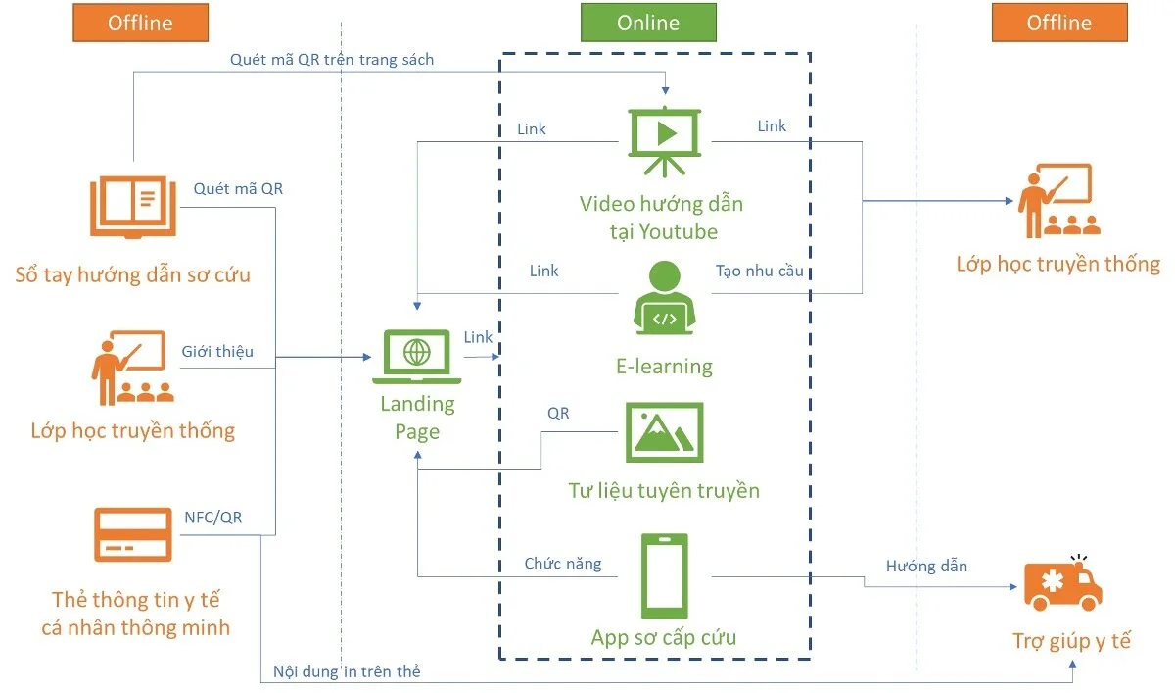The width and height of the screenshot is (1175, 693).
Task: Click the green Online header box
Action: coord(648,23)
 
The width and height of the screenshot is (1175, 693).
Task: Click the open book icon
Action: coord(133,207)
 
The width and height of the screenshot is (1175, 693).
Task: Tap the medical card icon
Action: coord(133,534)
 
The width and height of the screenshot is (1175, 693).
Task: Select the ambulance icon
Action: coord(1062,583)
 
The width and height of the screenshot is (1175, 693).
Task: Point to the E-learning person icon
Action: coord(665,298)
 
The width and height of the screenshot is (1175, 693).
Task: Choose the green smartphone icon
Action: coord(665,576)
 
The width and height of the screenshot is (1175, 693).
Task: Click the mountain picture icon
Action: coord(665,432)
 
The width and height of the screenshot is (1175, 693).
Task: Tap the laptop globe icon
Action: coord(416,357)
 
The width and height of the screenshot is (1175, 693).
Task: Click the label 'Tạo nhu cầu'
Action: coord(760,271)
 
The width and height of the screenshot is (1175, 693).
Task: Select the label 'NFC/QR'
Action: coord(213,518)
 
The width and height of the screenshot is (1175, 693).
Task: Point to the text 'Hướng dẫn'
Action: coord(926,566)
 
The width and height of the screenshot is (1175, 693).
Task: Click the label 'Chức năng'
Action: coord(563,564)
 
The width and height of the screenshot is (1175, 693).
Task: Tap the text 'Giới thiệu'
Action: coord(217,351)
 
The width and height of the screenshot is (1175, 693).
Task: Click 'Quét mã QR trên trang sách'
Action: coord(332,60)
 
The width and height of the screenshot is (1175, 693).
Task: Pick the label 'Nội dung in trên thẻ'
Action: coord(347,671)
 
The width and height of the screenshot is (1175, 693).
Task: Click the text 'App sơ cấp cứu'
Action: coord(664,637)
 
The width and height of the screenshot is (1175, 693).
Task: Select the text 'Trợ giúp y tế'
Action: coord(1071,641)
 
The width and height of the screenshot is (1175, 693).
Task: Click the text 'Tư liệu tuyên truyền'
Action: coord(664,490)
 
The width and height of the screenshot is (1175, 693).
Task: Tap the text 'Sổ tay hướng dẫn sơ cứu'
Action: coord(133,274)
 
